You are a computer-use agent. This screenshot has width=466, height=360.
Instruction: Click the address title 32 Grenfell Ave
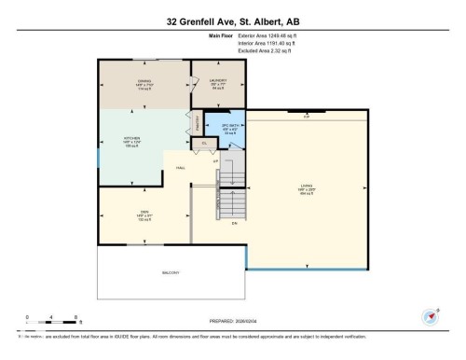[x=233, y=21]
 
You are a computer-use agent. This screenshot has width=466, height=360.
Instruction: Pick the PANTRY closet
[x=198, y=121]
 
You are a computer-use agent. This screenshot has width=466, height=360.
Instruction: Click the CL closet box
[x=205, y=144]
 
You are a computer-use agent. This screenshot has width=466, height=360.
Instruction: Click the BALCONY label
[x=170, y=272]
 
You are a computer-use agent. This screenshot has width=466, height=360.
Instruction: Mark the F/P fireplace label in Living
[x=305, y=116]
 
